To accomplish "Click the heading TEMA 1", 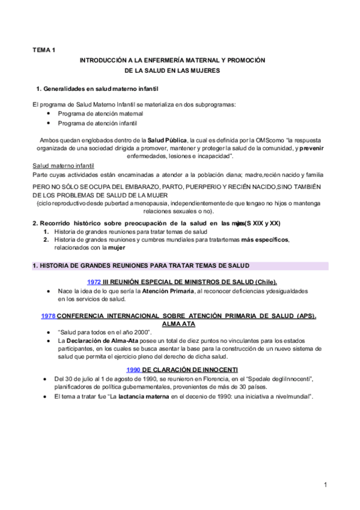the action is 43,51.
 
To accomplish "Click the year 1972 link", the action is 94,281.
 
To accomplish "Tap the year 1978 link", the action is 48,316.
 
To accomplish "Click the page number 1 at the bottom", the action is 325,485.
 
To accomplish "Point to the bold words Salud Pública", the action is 168,141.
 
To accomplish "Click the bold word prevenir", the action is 315,148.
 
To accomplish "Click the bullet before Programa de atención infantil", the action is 49,123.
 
